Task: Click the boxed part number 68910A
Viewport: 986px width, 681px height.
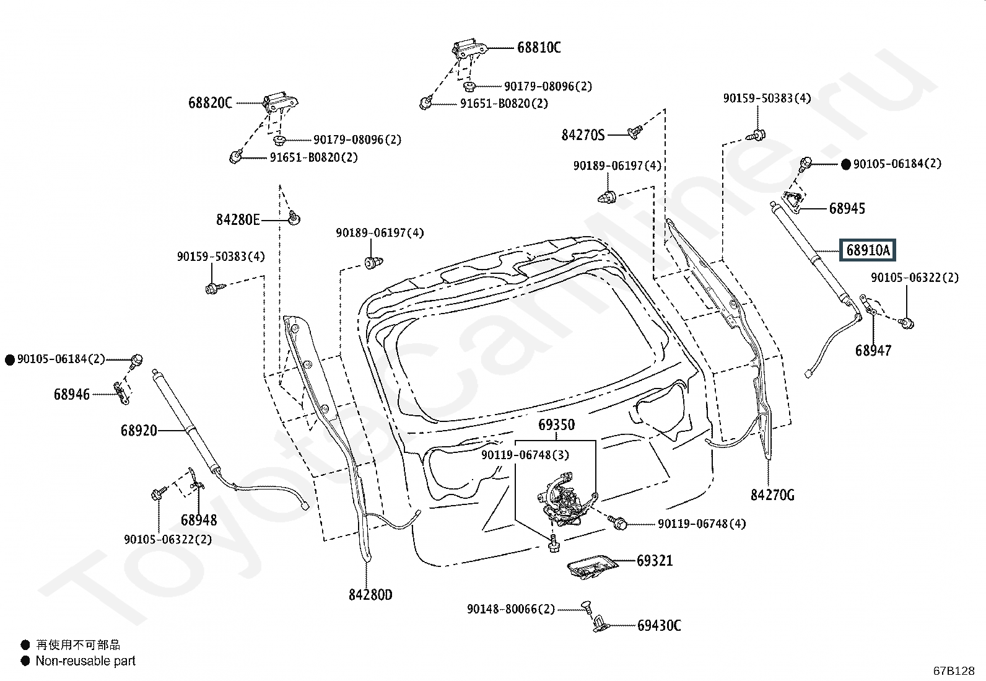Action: [867, 250]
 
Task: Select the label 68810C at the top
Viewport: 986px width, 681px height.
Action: [539, 48]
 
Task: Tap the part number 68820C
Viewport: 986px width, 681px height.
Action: [210, 103]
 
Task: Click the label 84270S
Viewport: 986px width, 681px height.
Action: [583, 134]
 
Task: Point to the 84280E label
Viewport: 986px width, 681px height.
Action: [238, 219]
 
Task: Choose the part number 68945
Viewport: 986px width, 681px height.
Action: [847, 208]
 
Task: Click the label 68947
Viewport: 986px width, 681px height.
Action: [873, 351]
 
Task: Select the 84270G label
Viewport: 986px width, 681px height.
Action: [772, 494]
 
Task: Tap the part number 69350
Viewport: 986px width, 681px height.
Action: [556, 425]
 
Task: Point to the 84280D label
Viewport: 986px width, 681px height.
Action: [370, 595]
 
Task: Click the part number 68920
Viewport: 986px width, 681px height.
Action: [139, 430]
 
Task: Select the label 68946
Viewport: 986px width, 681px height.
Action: [72, 394]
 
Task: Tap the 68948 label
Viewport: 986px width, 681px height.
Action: [199, 519]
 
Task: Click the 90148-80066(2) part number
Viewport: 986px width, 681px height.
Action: [511, 609]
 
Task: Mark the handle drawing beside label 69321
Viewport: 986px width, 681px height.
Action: [593, 565]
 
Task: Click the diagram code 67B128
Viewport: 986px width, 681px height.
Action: [954, 670]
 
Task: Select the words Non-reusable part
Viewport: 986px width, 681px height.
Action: [85, 661]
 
